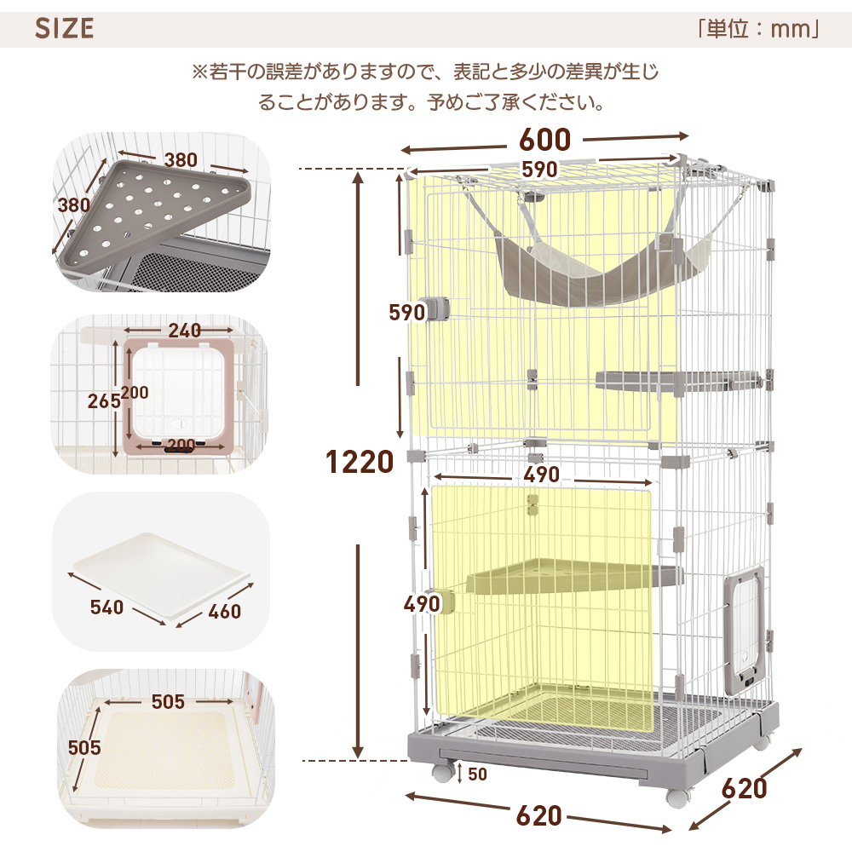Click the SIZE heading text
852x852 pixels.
pos(65,28)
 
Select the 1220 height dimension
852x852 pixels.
pos(360,462)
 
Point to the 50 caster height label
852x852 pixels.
pos(477,774)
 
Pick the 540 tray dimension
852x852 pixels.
pos(107,607)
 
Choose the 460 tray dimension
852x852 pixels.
pos(223,611)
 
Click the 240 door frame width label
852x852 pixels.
pos(184,331)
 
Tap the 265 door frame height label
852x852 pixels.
pos(102,400)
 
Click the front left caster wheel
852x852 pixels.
pos(442,772)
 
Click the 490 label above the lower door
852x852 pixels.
pos(541,474)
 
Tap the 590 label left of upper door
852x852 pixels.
pos(407,313)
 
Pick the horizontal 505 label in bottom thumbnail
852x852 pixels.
pos(168,701)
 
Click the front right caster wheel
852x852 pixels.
pos(677,797)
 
